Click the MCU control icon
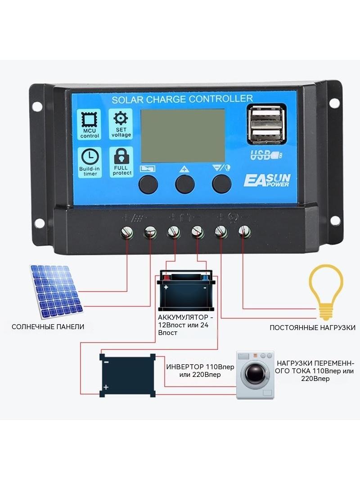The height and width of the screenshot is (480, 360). (x=89, y=120)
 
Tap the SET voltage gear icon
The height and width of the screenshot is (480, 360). (x=121, y=118)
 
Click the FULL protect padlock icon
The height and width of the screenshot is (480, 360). (x=121, y=156)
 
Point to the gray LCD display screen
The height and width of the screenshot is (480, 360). (x=183, y=136)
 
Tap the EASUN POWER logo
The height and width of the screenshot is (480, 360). (x=267, y=180)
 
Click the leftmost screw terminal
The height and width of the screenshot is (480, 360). (x=127, y=233)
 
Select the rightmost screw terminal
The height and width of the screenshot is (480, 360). (x=244, y=232)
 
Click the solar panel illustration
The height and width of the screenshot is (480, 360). (x=56, y=291)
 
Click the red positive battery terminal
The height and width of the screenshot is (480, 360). (x=166, y=278)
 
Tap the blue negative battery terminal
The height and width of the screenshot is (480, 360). (x=205, y=278)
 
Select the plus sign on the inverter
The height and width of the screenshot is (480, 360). (x=106, y=387)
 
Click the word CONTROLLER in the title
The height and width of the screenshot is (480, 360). (x=221, y=99)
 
